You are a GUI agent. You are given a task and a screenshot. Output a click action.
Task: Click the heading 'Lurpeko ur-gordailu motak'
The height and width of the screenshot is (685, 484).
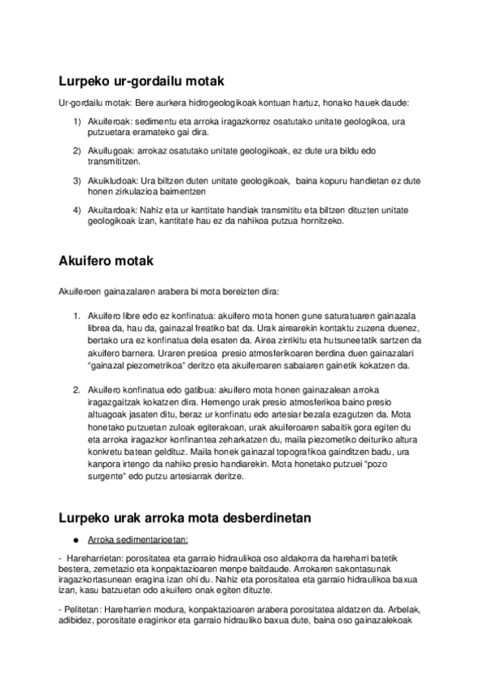141,82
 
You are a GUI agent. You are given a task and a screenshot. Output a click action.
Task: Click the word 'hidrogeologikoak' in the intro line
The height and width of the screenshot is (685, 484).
205,103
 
